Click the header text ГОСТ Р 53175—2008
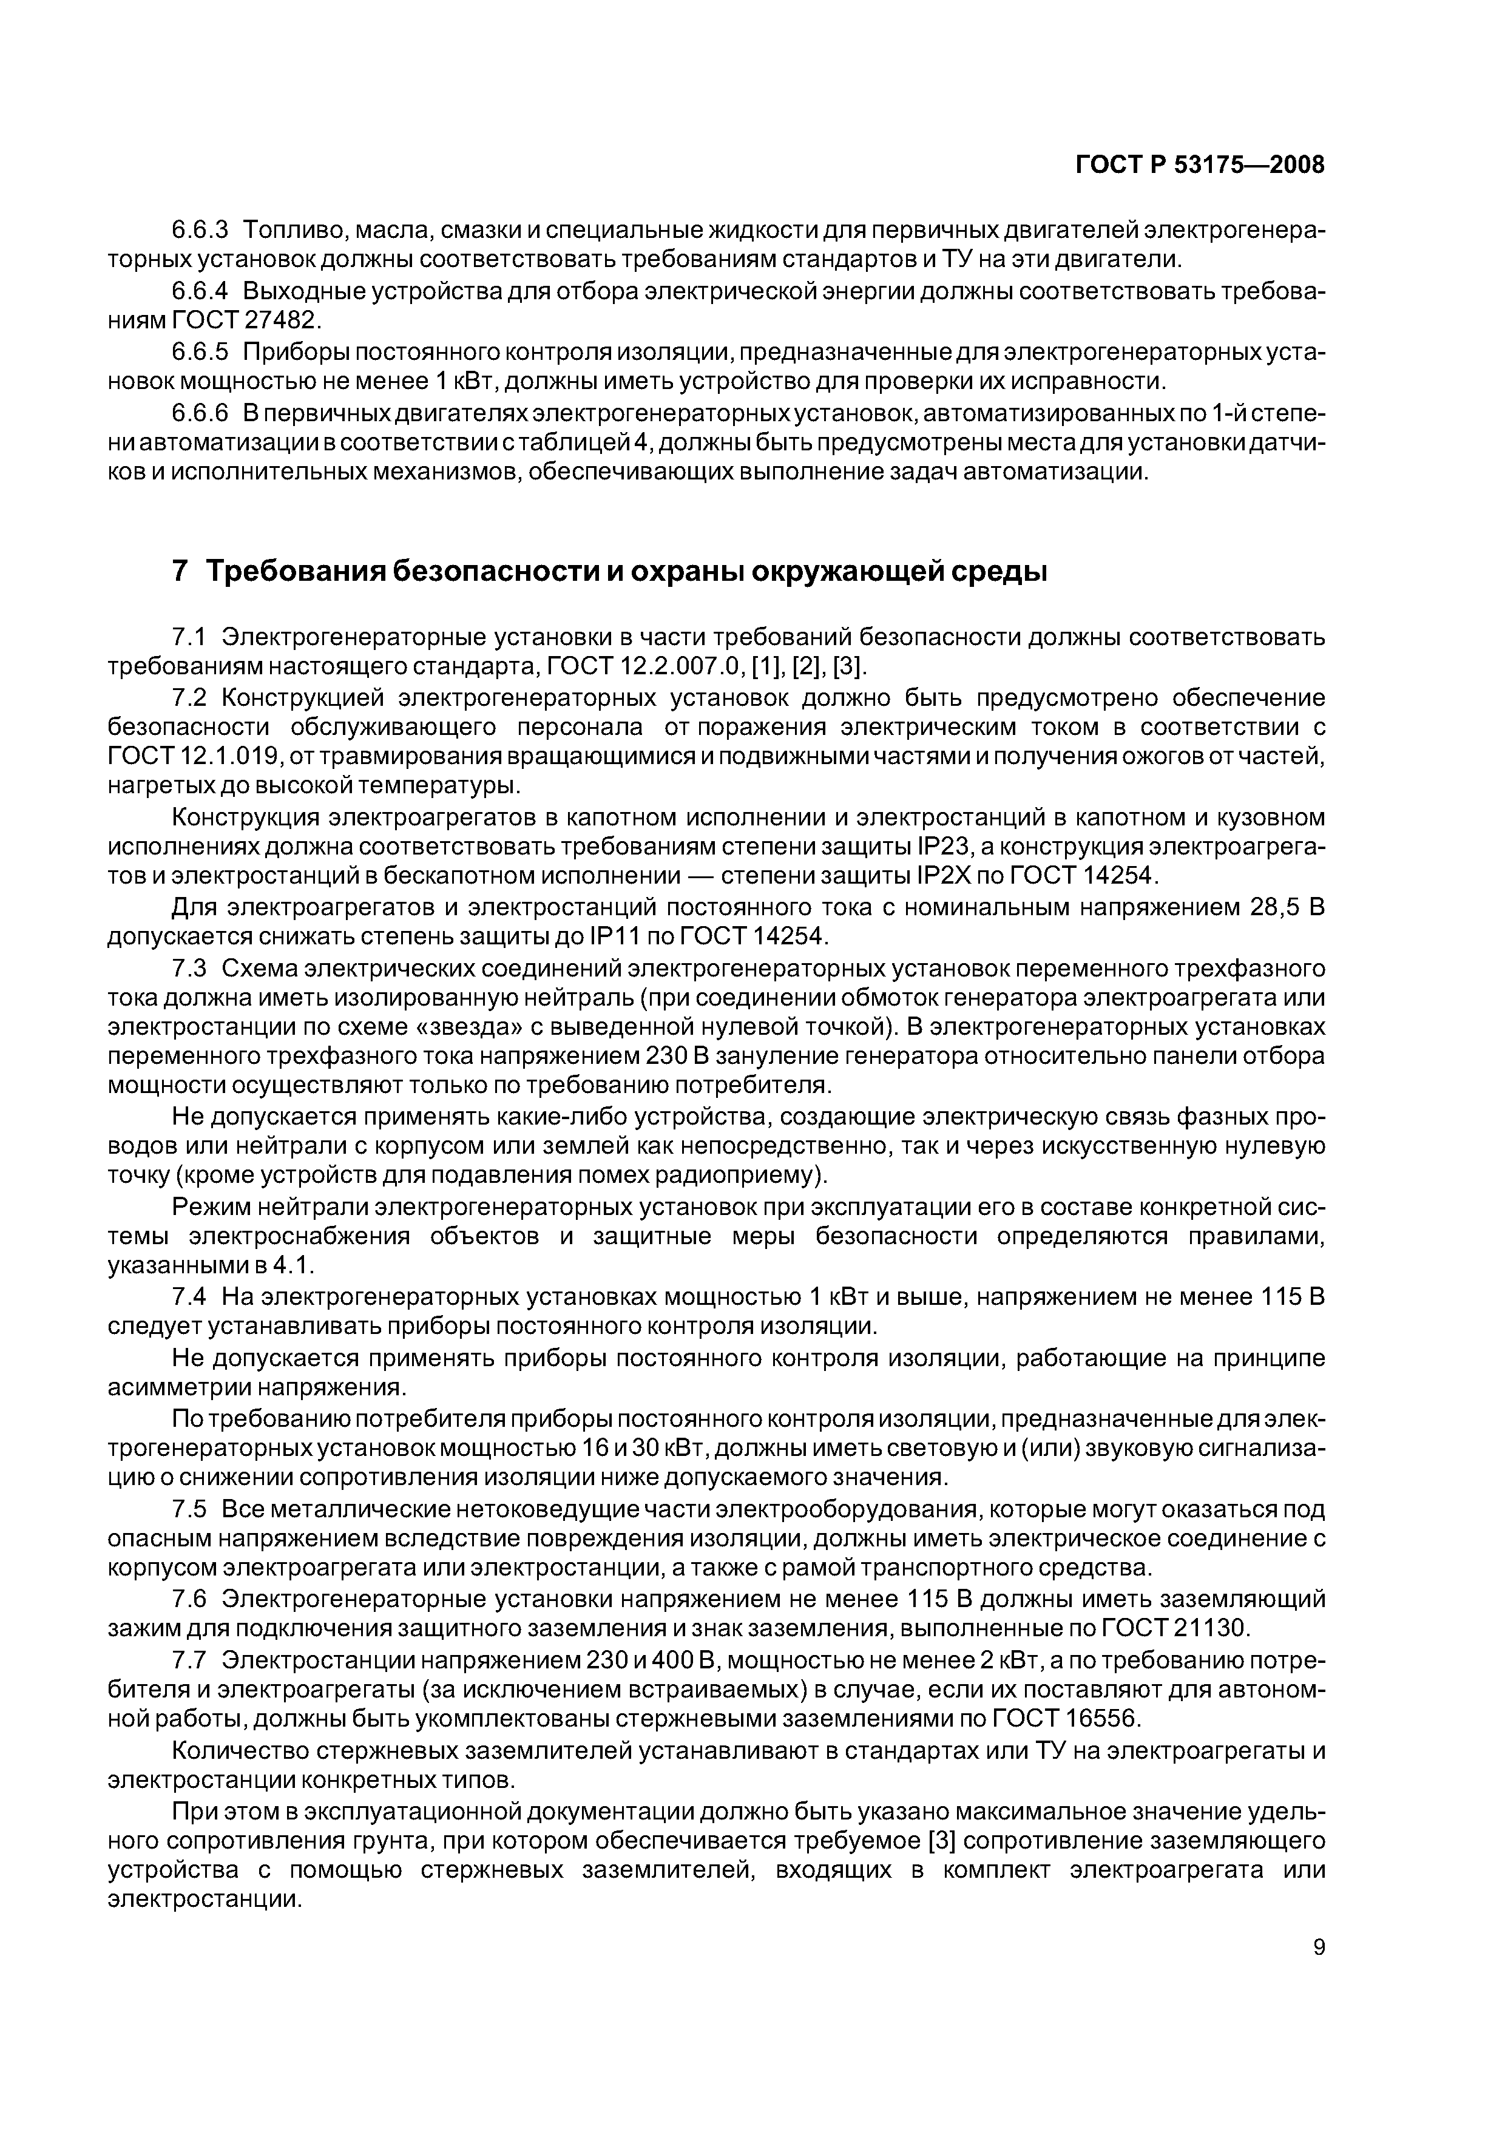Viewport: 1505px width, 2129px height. click(x=1200, y=166)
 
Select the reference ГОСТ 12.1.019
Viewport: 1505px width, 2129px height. click(x=195, y=757)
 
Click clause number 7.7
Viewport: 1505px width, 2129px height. click(x=190, y=1658)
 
